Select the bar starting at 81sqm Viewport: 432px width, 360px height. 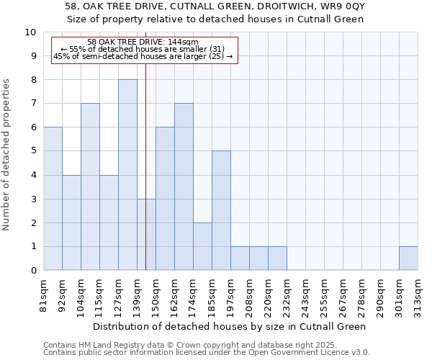(53, 199)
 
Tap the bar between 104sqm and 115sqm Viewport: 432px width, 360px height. (90, 186)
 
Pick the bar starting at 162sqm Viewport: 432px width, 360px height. (184, 186)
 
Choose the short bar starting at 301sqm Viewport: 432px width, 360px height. (408, 258)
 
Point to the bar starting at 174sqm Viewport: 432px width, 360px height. (202, 246)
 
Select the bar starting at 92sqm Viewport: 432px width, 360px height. (71, 222)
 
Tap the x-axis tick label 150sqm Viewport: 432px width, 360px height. (156, 297)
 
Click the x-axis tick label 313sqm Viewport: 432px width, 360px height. (418, 297)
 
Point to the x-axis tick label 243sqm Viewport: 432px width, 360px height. (306, 297)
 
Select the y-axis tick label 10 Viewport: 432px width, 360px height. (31, 32)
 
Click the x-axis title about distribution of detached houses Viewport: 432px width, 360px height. (230, 326)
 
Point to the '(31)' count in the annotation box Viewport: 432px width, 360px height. (223, 49)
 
